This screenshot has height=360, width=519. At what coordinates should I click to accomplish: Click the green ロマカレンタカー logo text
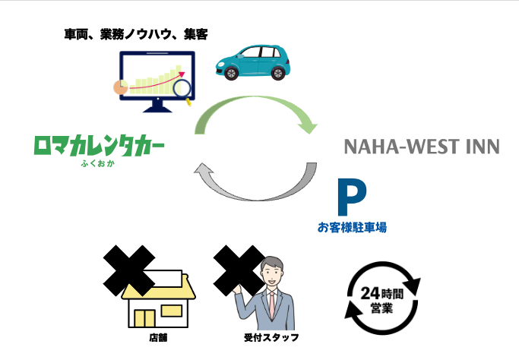99,144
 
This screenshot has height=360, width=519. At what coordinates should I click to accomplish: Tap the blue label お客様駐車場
347,226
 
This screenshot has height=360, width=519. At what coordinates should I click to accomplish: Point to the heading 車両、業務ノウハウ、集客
136,34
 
